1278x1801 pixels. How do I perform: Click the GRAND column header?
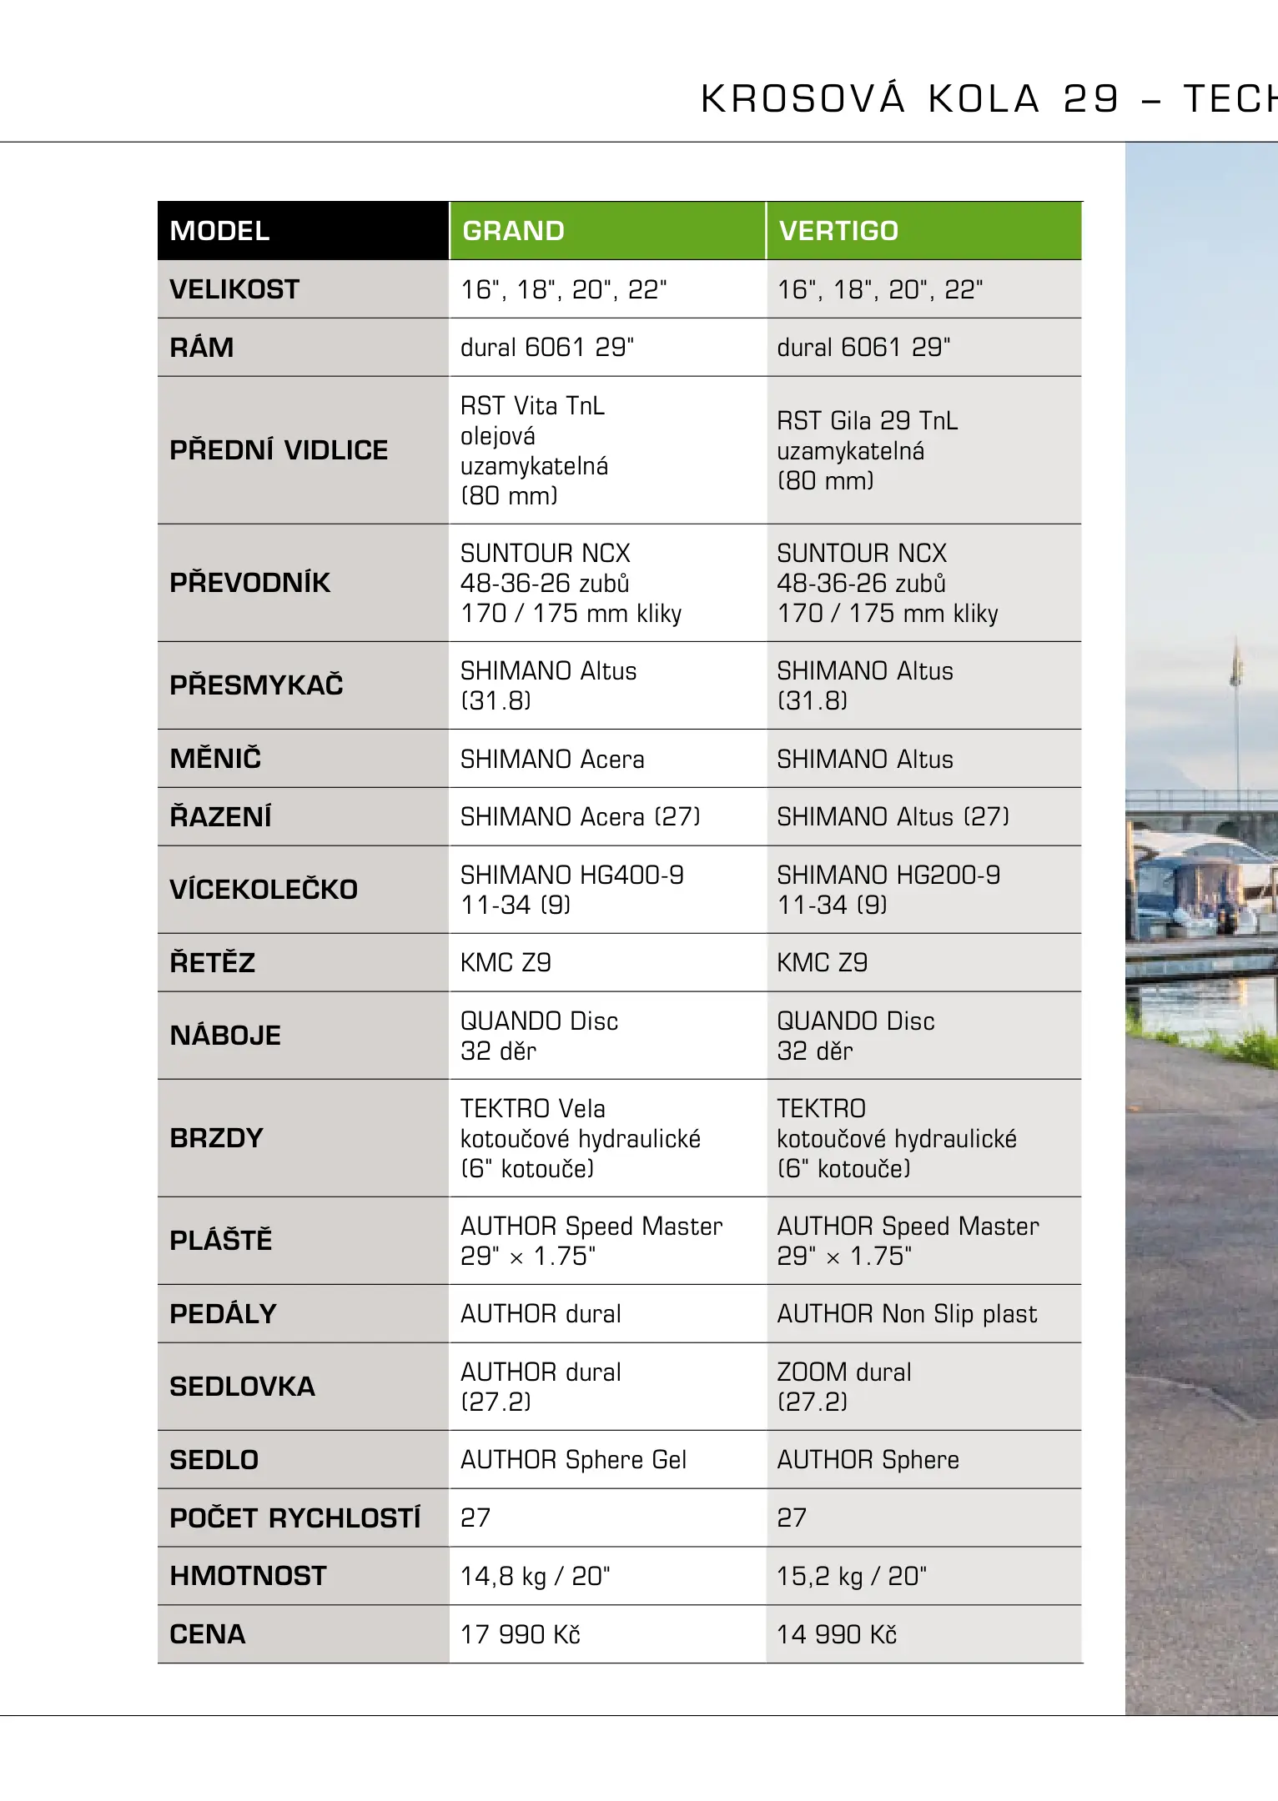(x=513, y=231)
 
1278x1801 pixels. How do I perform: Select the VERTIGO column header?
(x=838, y=231)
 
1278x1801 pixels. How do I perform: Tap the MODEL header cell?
(x=219, y=231)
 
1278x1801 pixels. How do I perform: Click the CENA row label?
(x=208, y=1634)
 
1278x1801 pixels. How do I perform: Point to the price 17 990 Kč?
(x=521, y=1634)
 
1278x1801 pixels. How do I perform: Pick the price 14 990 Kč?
(x=837, y=1634)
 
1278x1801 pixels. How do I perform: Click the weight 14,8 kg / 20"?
(x=536, y=1576)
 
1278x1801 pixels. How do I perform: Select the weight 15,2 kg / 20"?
(x=852, y=1576)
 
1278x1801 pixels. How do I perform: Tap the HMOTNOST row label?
(x=248, y=1576)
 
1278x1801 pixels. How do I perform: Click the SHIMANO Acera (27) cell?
(x=581, y=817)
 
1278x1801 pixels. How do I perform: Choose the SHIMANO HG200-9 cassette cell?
(x=888, y=889)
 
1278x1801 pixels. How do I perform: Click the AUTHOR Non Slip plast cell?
(x=907, y=1314)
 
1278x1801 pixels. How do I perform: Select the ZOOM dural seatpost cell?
(x=843, y=1387)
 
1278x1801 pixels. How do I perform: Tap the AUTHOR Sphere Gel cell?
(x=573, y=1460)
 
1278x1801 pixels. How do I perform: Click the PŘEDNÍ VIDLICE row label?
(x=279, y=450)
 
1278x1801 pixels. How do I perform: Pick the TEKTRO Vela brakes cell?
(x=581, y=1138)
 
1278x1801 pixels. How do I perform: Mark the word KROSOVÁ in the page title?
(x=803, y=99)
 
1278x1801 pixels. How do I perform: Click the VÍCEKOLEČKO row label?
(x=264, y=890)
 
